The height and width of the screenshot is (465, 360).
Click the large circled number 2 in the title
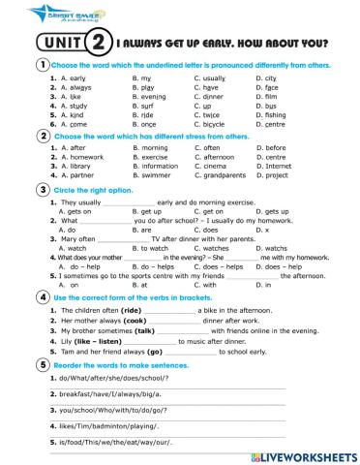click(97, 44)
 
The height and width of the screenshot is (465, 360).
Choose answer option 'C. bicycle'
click(213, 124)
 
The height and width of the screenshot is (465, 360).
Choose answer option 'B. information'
click(155, 166)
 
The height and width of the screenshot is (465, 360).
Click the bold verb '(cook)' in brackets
click(135, 321)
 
